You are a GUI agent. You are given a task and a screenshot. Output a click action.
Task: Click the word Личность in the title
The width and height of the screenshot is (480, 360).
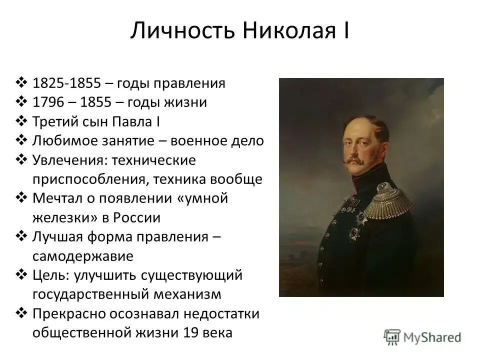pyautogui.click(x=183, y=30)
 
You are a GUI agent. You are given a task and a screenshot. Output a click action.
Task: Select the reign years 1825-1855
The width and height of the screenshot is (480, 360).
pyautogui.click(x=66, y=83)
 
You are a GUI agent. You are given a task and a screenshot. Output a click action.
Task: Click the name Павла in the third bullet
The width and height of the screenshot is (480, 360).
pyautogui.click(x=132, y=121)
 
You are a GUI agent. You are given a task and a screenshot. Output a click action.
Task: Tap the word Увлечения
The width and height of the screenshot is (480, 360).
pyautogui.click(x=70, y=160)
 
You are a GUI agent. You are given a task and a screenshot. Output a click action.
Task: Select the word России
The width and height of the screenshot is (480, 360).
pyautogui.click(x=137, y=217)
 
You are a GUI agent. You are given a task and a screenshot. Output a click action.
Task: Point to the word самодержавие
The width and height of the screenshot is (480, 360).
pyautogui.click(x=83, y=256)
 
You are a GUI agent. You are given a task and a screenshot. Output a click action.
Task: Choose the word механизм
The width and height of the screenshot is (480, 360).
pyautogui.click(x=187, y=294)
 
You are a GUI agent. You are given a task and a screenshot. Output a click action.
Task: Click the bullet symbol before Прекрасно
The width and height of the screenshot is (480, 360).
pyautogui.click(x=21, y=313)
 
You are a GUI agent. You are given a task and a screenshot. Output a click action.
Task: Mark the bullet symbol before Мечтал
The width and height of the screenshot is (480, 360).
pyautogui.click(x=21, y=198)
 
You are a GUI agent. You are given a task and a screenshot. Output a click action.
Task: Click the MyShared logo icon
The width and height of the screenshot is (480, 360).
pyautogui.click(x=392, y=337)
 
